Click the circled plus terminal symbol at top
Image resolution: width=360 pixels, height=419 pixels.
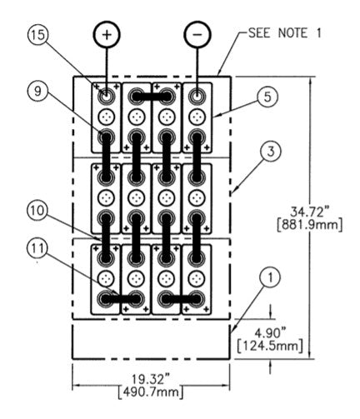pyautogui.click(x=107, y=34)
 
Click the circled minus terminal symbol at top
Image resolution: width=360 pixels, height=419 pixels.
pyautogui.click(x=197, y=34)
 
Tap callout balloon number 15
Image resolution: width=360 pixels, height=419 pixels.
pyautogui.click(x=38, y=35)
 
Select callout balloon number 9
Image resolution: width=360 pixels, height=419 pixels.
pyautogui.click(x=38, y=91)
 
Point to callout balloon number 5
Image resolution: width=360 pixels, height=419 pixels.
pyautogui.click(x=267, y=97)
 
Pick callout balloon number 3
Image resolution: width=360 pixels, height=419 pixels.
pyautogui.click(x=271, y=152)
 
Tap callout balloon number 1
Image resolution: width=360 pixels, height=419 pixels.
pyautogui.click(x=271, y=277)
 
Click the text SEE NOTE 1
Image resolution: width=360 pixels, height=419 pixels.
pyautogui.click(x=285, y=33)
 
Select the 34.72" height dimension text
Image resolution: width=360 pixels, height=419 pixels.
pyautogui.click(x=309, y=212)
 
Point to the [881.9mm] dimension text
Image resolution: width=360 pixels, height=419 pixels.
pyautogui.click(x=309, y=225)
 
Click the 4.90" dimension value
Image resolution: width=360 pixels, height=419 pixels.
pyautogui.click(x=270, y=333)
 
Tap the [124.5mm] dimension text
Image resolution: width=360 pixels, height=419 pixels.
pyautogui.click(x=270, y=346)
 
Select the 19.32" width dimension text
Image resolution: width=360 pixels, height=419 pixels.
pyautogui.click(x=151, y=378)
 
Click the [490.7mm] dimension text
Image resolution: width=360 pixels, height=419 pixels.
pyautogui.click(x=151, y=392)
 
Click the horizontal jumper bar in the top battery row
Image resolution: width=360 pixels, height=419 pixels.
pyautogui.click(x=152, y=97)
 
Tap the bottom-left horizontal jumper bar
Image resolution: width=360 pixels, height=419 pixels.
pyautogui.click(x=121, y=299)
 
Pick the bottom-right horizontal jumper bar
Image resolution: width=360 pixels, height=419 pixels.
pyautogui.click(x=181, y=299)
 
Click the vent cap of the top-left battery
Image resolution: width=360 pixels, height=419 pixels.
pyautogui.click(x=106, y=117)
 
